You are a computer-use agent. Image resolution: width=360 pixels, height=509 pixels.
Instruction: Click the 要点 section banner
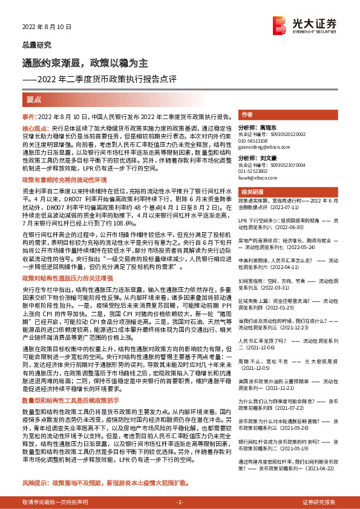pos(34,99)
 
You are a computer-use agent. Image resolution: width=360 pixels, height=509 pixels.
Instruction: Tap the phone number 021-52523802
pos(260,173)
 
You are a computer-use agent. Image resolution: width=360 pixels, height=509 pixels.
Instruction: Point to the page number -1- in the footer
pos(180,502)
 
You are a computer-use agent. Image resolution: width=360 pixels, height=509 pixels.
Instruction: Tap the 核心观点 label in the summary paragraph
pos(36,129)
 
